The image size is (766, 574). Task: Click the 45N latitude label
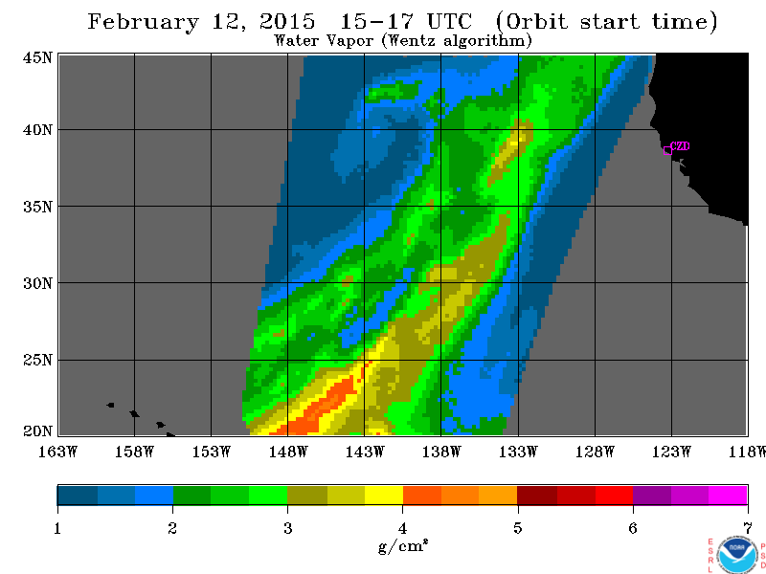tap(37, 57)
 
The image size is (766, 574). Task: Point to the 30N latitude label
tap(37, 283)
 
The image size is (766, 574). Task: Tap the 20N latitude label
tap(37, 431)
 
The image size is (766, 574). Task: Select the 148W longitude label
tap(288, 452)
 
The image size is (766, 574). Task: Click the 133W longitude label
tap(518, 452)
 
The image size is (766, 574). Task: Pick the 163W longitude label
tap(57, 452)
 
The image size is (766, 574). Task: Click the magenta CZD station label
tap(680, 146)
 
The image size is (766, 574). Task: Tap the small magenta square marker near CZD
tap(667, 151)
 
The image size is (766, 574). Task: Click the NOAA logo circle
tap(736, 555)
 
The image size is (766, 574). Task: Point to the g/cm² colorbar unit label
tap(402, 545)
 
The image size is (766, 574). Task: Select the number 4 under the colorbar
tap(402, 528)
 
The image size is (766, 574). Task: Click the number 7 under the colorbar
tap(748, 528)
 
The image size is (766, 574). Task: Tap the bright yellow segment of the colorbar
tap(384, 495)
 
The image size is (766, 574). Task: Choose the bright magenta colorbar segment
tap(728, 495)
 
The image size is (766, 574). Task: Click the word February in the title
tap(143, 22)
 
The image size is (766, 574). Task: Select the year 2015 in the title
tap(287, 21)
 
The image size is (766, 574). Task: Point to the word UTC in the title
tap(449, 21)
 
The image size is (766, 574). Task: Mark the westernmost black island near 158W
tap(111, 405)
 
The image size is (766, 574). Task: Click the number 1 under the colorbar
tap(57, 528)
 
